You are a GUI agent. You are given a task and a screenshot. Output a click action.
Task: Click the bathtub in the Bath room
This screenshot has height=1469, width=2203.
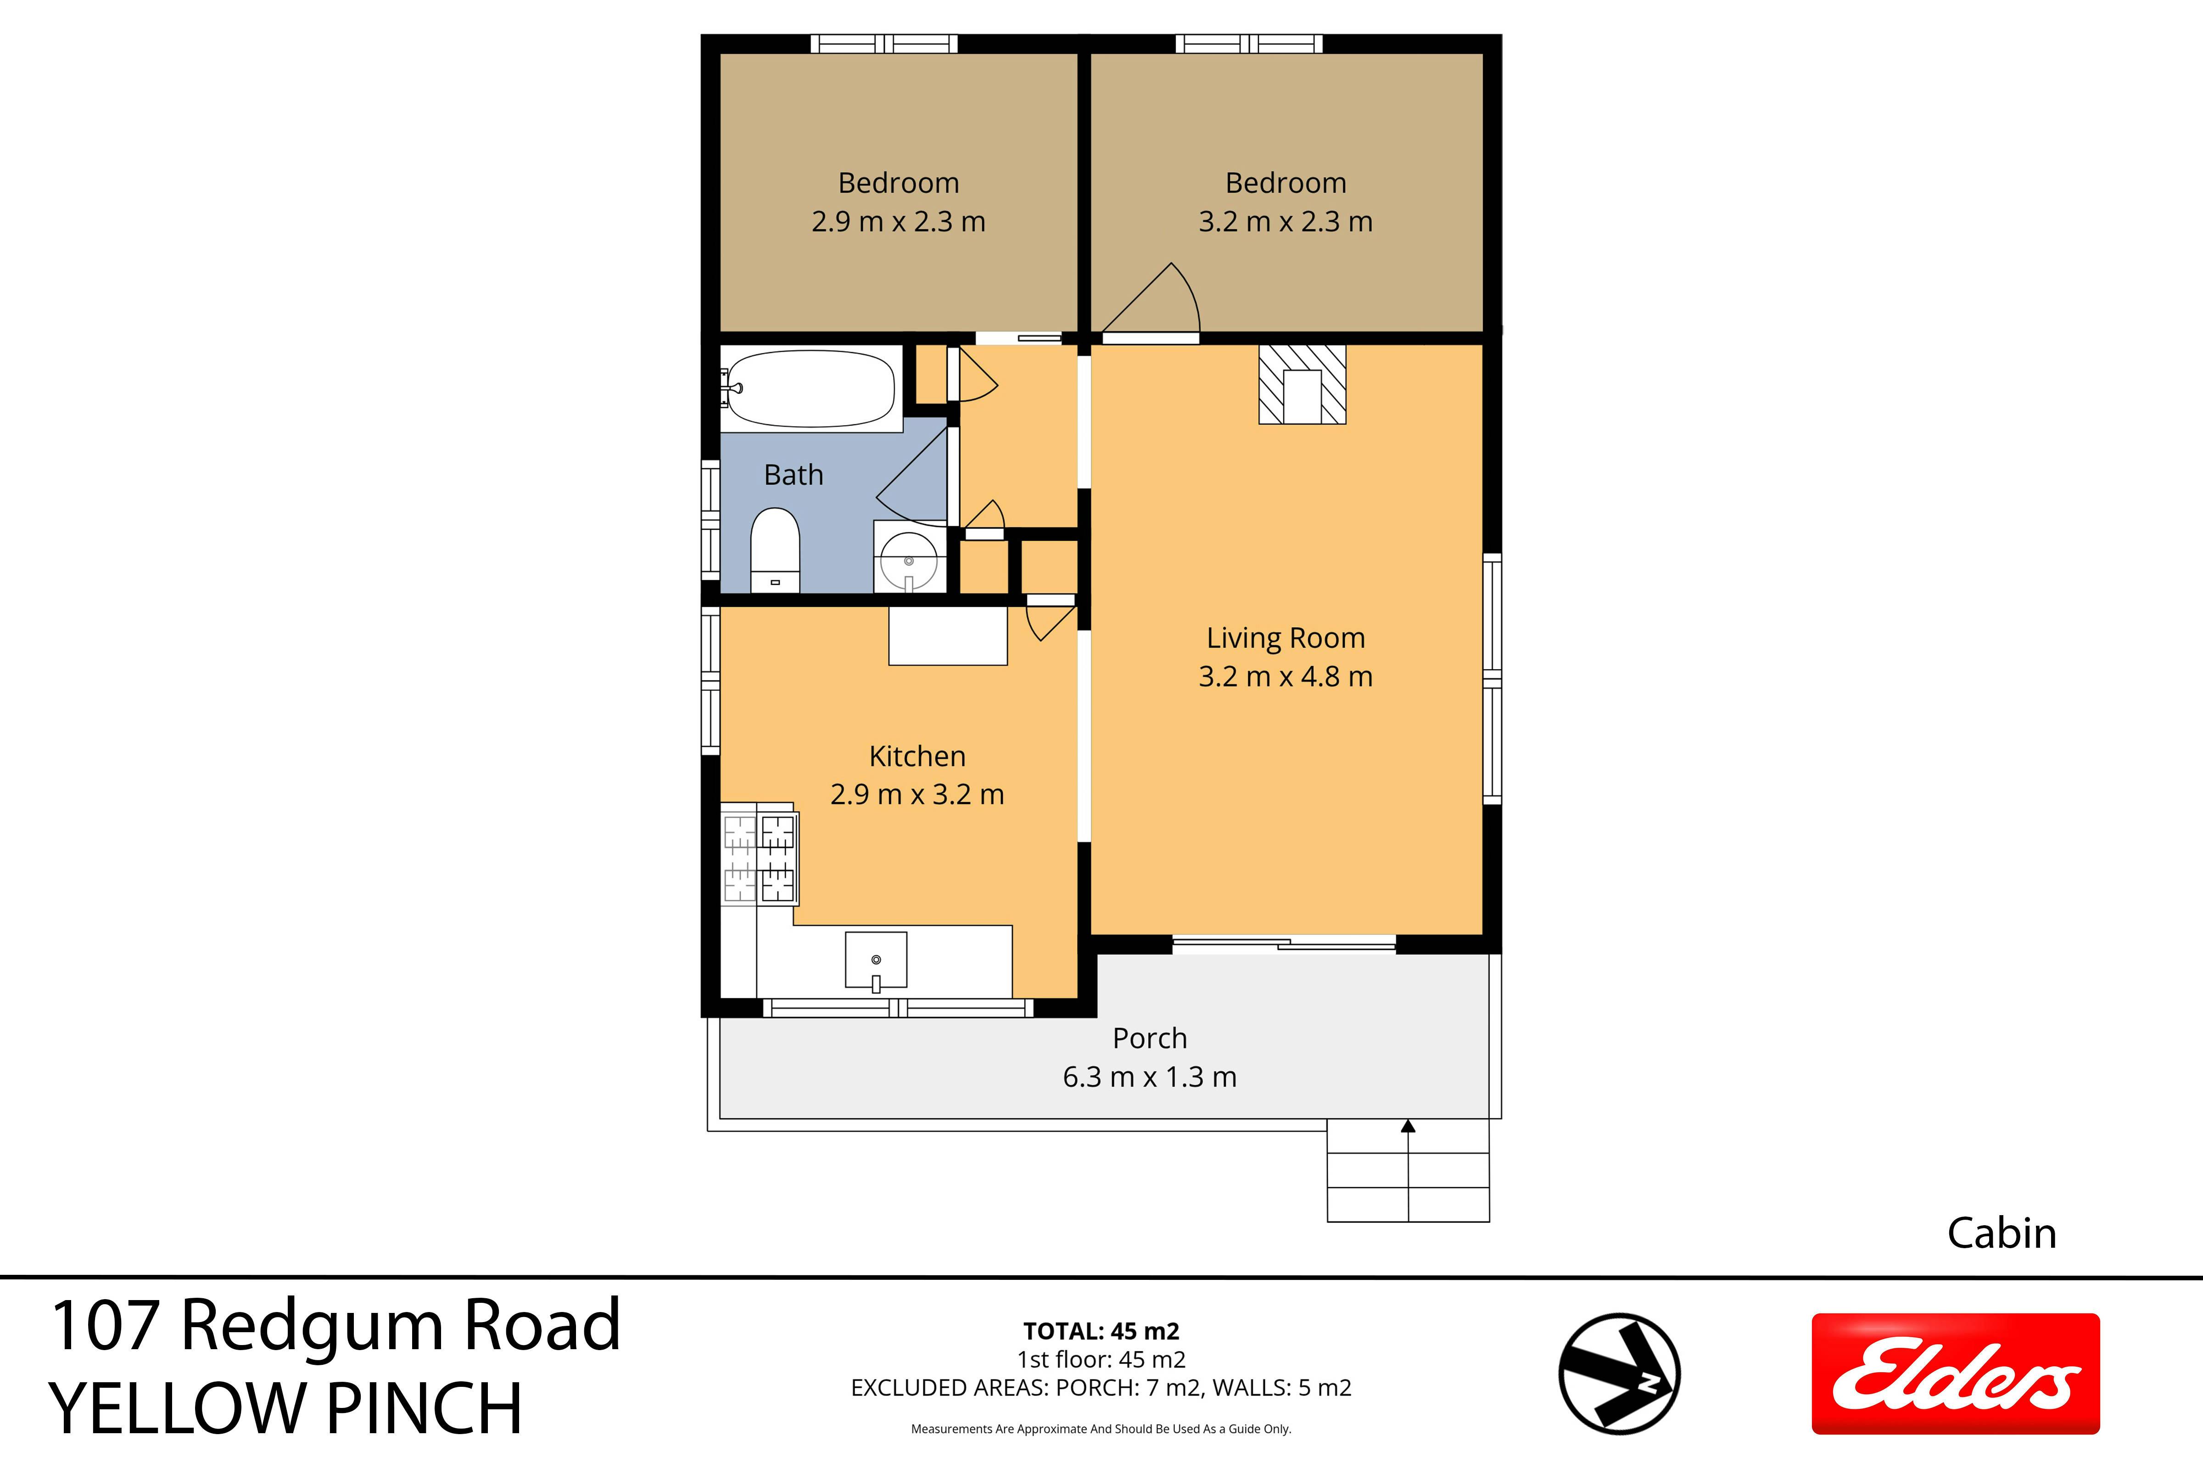[x=811, y=389]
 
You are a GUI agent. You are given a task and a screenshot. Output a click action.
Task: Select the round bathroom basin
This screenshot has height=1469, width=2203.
[x=909, y=560]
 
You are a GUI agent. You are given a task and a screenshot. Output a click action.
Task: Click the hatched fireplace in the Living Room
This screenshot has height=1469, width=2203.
[x=1302, y=384]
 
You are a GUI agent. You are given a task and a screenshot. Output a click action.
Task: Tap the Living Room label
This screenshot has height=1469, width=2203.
[x=1285, y=638]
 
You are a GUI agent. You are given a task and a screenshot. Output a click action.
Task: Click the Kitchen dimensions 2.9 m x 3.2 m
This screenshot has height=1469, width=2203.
[x=917, y=795]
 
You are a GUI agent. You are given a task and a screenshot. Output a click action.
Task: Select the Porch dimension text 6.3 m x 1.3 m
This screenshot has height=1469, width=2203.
[x=1149, y=1077]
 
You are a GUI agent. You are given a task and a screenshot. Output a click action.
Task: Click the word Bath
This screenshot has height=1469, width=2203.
[x=794, y=475]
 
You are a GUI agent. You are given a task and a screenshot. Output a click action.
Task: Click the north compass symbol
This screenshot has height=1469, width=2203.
[x=1620, y=1374]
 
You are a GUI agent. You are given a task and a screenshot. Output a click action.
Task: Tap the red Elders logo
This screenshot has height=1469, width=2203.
[x=1956, y=1374]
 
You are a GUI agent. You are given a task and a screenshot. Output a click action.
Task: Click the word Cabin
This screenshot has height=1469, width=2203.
[x=2002, y=1234]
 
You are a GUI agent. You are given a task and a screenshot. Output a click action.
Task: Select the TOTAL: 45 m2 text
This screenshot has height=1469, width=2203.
[x=1101, y=1331]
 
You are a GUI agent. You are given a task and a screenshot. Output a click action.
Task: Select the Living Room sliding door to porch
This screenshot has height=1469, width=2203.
[x=1284, y=944]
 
